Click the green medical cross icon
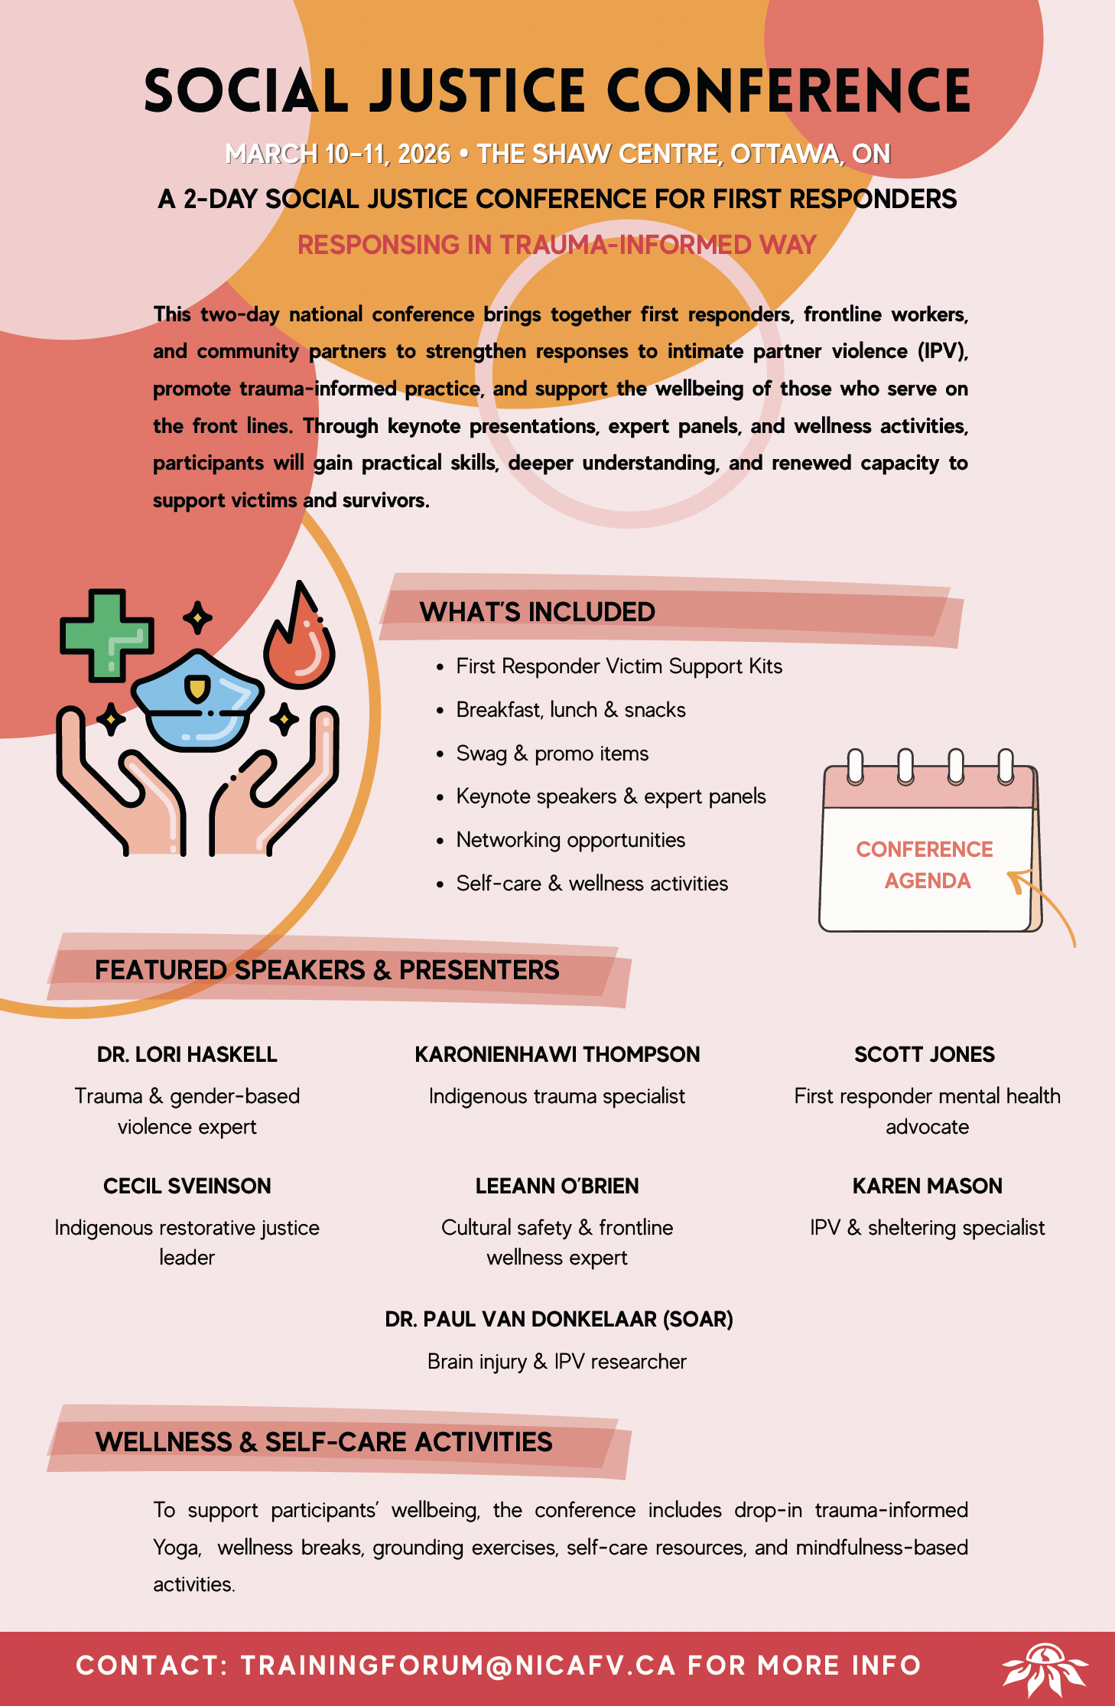coord(106,634)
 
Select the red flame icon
coord(299,640)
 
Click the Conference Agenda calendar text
coord(925,864)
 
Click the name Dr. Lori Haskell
coord(187,1054)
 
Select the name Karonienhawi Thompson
coord(557,1054)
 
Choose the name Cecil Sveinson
coord(187,1186)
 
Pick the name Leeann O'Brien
coord(557,1186)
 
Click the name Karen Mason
coord(927,1186)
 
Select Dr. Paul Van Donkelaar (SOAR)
coord(558,1319)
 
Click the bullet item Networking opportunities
coord(571,840)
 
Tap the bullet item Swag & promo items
coord(552,754)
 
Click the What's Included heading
coord(537,612)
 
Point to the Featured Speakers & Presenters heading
coord(327,970)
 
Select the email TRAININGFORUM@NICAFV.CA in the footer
coord(458,1665)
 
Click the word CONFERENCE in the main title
coord(788,91)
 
